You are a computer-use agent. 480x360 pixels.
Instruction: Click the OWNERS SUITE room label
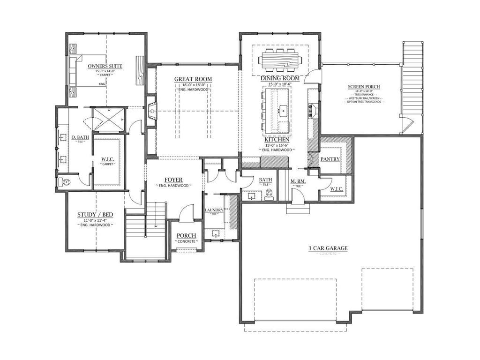[105, 66]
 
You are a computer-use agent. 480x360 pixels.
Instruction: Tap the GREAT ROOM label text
[193, 79]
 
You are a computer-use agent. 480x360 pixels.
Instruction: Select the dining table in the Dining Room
[280, 60]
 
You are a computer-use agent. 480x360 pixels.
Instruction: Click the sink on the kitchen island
[284, 112]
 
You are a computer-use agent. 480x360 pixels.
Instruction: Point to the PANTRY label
[330, 159]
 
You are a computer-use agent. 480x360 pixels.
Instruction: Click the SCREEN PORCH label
[364, 87]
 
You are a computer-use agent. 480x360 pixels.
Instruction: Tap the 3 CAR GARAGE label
[328, 248]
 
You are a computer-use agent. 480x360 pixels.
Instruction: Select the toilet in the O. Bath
[66, 182]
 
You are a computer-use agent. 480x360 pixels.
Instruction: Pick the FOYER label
[173, 180]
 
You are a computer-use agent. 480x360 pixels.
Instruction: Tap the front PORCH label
[186, 235]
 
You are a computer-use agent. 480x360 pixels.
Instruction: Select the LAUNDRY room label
[214, 210]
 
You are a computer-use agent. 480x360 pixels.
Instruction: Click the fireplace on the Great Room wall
[151, 112]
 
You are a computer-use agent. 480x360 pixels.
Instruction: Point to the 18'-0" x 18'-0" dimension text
[193, 85]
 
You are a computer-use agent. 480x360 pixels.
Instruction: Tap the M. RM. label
[298, 181]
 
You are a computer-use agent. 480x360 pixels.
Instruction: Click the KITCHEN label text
[276, 140]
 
